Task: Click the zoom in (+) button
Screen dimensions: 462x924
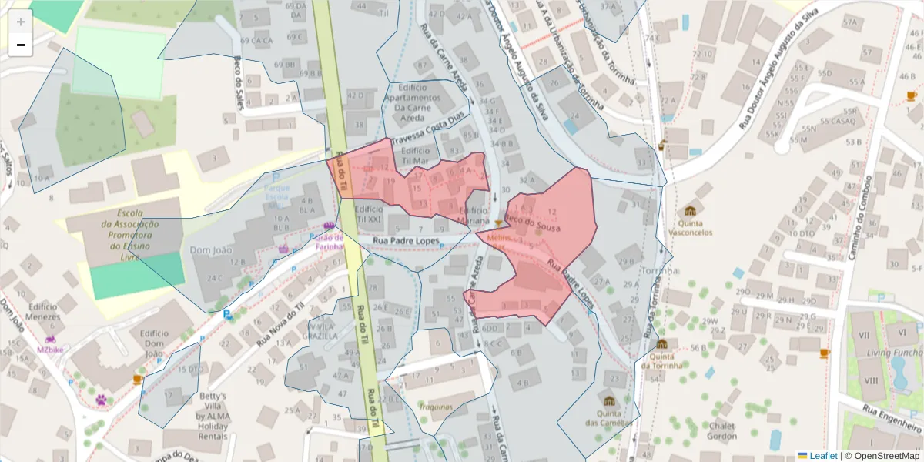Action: click(x=21, y=22)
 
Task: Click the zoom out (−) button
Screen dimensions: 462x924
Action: click(x=21, y=45)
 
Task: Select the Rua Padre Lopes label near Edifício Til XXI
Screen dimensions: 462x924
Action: click(x=406, y=241)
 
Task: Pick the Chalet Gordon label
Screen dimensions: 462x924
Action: click(x=722, y=431)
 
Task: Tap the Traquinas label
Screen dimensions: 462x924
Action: click(x=436, y=406)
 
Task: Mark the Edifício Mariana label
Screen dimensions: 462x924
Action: click(x=473, y=215)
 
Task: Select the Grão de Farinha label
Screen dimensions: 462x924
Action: click(x=329, y=242)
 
